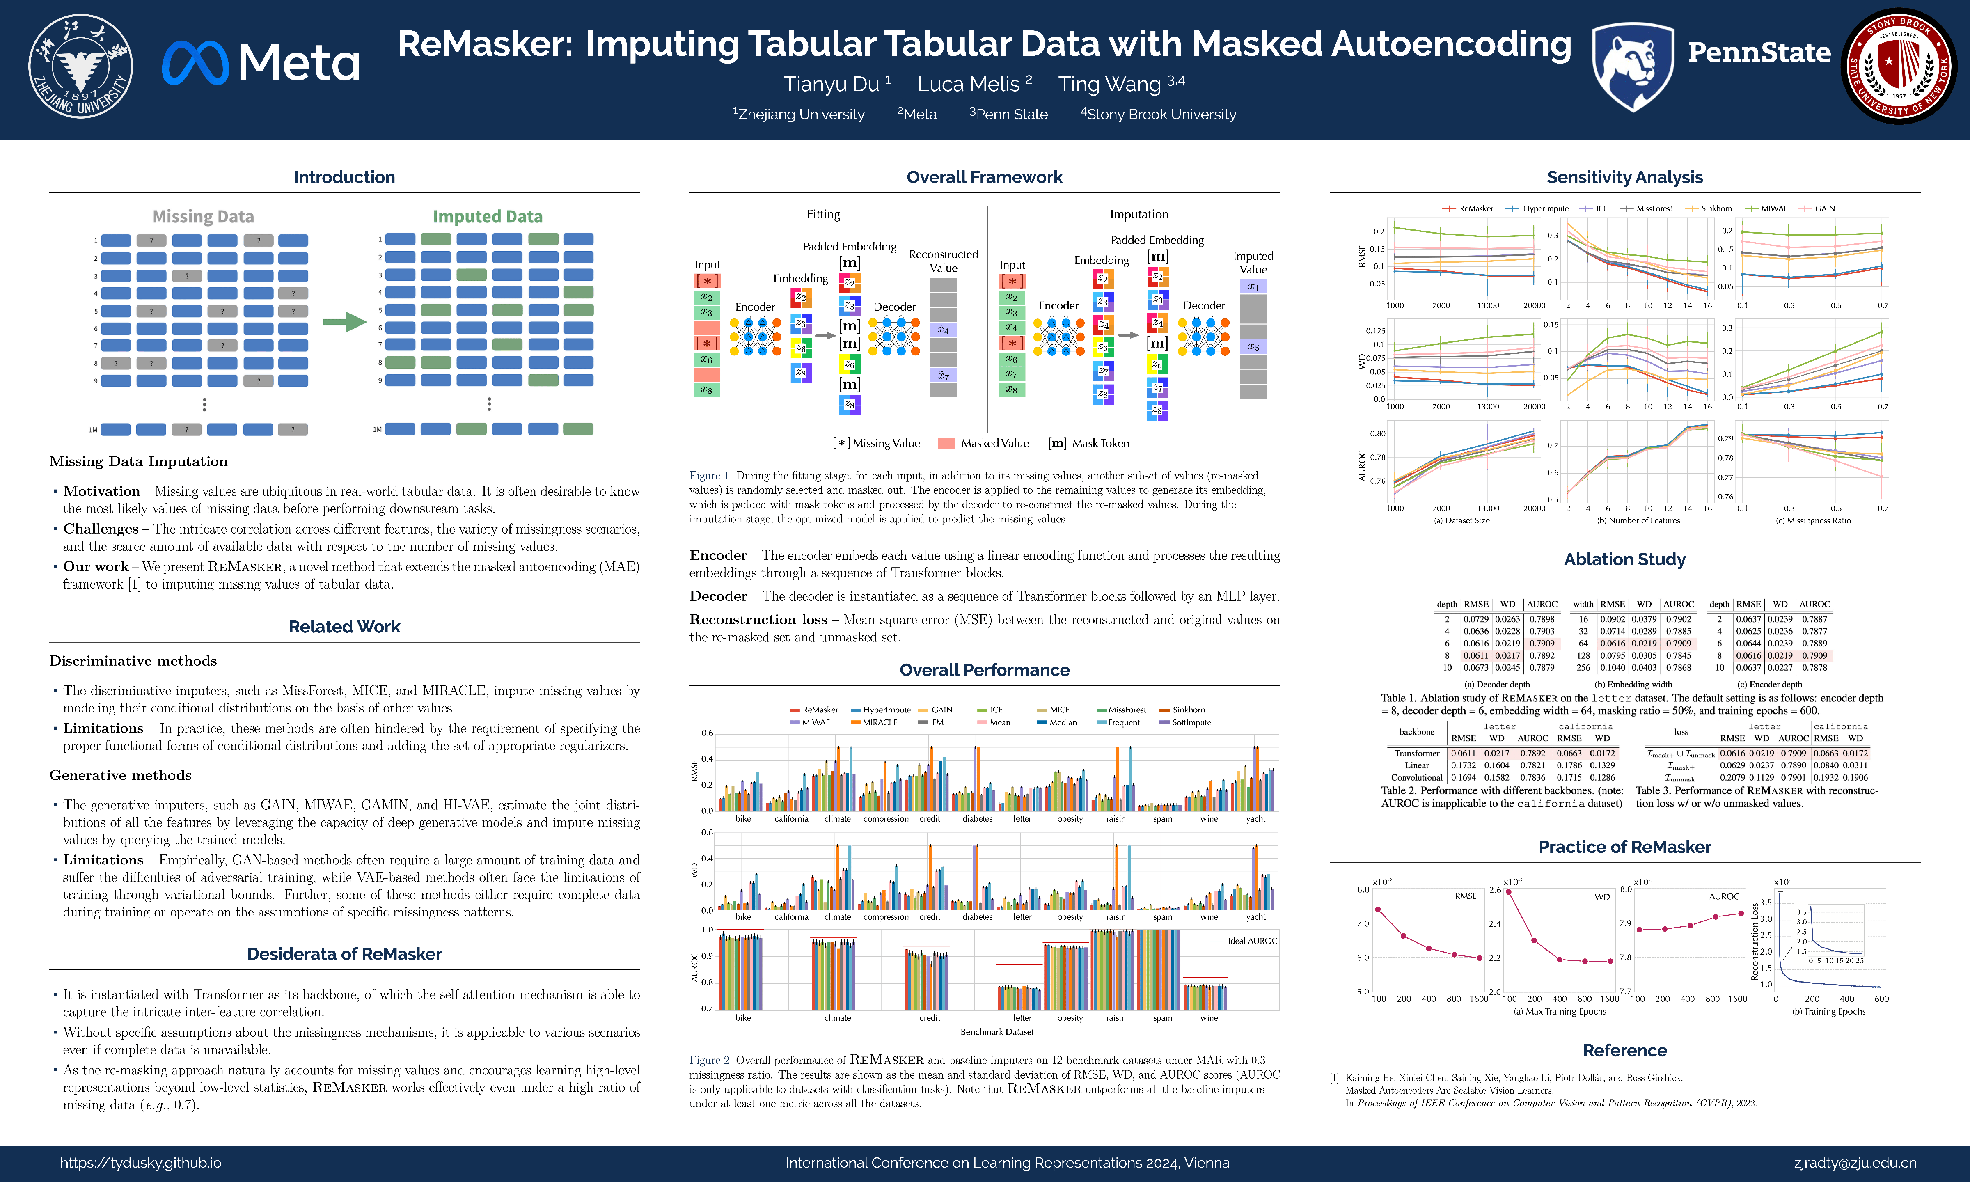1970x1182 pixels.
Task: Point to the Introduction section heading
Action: click(344, 177)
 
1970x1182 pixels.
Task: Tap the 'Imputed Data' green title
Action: click(487, 217)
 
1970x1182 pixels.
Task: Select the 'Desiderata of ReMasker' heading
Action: click(344, 953)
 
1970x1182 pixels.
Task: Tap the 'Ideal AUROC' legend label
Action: click(1252, 941)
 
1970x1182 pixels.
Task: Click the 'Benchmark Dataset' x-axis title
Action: click(997, 1031)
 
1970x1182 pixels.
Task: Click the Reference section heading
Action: click(1624, 1050)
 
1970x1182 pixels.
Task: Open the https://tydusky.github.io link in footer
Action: click(141, 1163)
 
